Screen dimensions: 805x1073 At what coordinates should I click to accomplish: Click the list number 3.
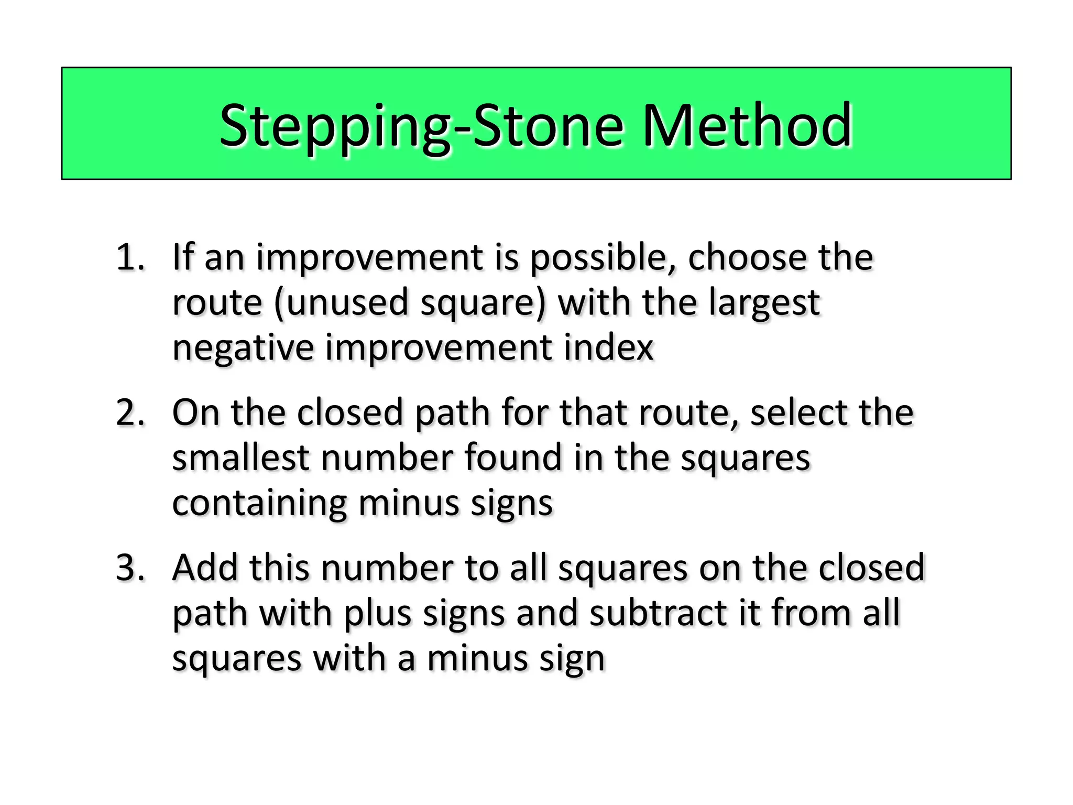click(130, 568)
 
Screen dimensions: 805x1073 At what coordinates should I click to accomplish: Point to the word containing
click(259, 504)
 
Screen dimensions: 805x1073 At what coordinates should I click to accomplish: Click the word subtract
click(658, 613)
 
